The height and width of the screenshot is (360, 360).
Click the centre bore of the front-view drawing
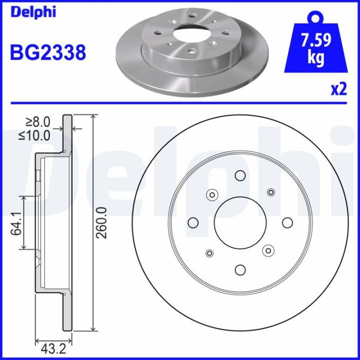(x=239, y=222)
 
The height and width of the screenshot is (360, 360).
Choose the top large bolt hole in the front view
(x=239, y=175)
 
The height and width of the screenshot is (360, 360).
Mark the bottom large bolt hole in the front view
(x=239, y=269)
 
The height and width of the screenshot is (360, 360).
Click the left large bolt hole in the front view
(x=192, y=222)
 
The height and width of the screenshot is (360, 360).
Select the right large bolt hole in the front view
(x=286, y=222)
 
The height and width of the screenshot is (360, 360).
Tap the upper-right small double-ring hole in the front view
(x=271, y=192)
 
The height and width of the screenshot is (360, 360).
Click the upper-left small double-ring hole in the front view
(x=211, y=195)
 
